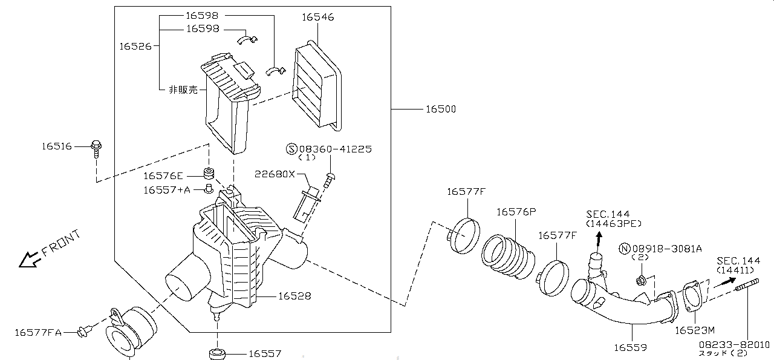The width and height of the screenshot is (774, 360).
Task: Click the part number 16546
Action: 317,18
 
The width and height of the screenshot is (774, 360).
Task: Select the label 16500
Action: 440,110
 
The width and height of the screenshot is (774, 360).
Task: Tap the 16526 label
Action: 135,46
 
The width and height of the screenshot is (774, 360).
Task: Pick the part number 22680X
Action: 275,174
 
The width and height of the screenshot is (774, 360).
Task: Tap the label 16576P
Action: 516,212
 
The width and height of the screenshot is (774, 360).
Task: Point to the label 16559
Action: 630,347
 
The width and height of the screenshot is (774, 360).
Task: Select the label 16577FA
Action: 38,332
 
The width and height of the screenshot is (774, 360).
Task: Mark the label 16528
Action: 294,296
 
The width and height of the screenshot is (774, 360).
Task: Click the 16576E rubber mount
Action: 209,173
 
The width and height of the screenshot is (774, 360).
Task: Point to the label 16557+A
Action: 166,190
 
